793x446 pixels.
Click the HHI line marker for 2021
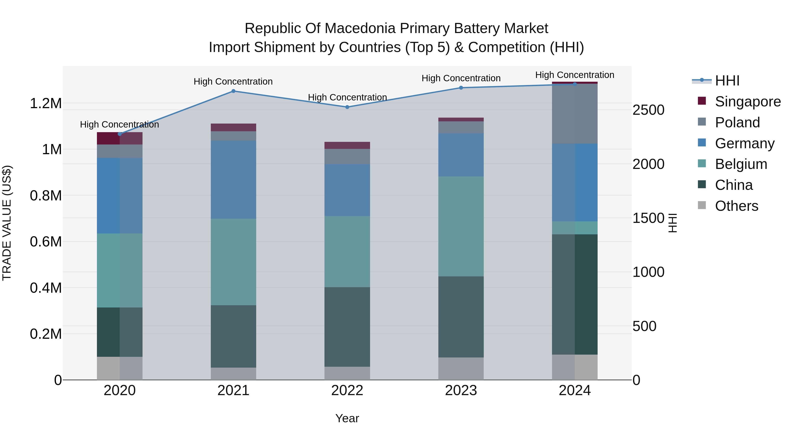[x=233, y=91]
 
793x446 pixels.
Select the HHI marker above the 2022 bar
[x=347, y=107]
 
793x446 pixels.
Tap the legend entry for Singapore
[x=747, y=102]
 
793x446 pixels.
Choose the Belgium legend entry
[x=741, y=164]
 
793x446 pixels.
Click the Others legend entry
[x=736, y=206]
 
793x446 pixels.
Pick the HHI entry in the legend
[x=727, y=81]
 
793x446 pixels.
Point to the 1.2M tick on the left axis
[x=46, y=104]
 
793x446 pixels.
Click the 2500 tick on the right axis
[x=648, y=110]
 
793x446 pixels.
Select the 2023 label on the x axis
[x=461, y=390]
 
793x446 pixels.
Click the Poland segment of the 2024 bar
[x=574, y=114]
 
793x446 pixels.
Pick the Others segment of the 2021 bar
[x=233, y=374]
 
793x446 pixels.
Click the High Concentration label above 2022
[x=347, y=97]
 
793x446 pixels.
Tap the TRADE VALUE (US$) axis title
[x=7, y=223]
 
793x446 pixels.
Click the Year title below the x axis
[x=347, y=418]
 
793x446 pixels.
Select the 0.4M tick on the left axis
[x=46, y=288]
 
